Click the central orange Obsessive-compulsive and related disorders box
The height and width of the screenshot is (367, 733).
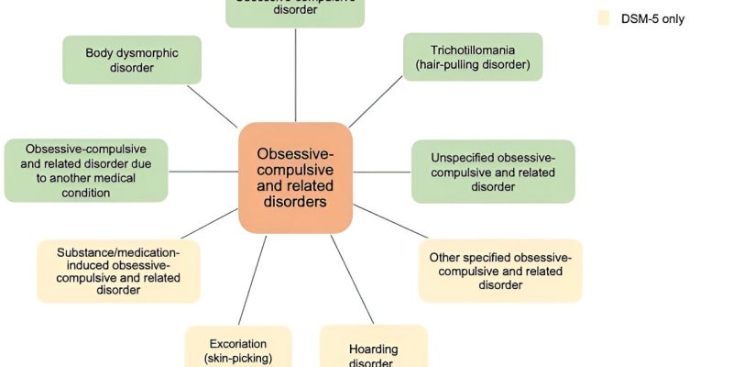pyautogui.click(x=295, y=178)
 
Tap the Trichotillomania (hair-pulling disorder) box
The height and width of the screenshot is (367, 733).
pyautogui.click(x=473, y=57)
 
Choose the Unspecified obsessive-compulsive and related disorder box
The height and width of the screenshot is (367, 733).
pyautogui.click(x=493, y=171)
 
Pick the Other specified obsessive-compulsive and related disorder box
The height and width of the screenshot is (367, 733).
pyautogui.click(x=499, y=270)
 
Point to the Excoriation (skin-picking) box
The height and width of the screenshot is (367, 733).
pyautogui.click(x=238, y=349)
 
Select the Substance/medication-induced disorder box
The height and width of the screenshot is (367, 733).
pyautogui.click(x=118, y=271)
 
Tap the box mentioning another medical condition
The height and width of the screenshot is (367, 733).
pyautogui.click(x=85, y=171)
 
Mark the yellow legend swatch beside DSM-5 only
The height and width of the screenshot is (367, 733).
pyautogui.click(x=603, y=18)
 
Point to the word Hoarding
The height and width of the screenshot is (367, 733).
pyautogui.click(x=373, y=349)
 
